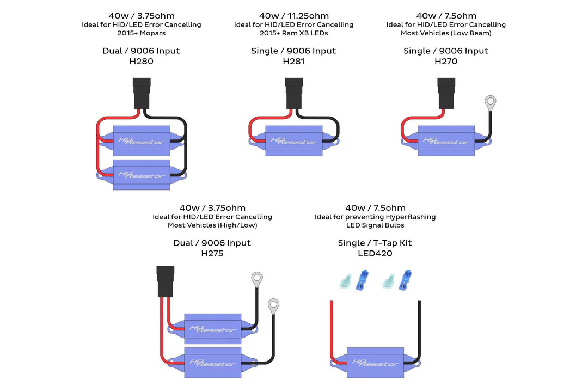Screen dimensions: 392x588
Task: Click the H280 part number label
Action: click(141, 62)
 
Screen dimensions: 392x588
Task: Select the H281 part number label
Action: click(293, 62)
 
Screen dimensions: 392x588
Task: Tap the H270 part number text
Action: click(446, 62)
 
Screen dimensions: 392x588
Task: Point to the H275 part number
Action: click(212, 253)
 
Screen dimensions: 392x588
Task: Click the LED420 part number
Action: click(375, 253)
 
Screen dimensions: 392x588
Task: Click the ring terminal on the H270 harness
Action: click(491, 101)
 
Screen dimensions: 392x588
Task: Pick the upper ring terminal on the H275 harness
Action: click(257, 280)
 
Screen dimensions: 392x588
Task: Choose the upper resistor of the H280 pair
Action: click(142, 141)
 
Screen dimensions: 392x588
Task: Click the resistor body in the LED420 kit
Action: click(376, 361)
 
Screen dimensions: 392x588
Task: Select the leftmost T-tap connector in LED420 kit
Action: click(345, 281)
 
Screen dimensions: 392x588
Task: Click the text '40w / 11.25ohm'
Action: click(293, 16)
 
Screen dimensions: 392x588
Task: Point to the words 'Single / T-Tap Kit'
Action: click(375, 243)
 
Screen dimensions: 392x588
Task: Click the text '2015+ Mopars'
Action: click(141, 33)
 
